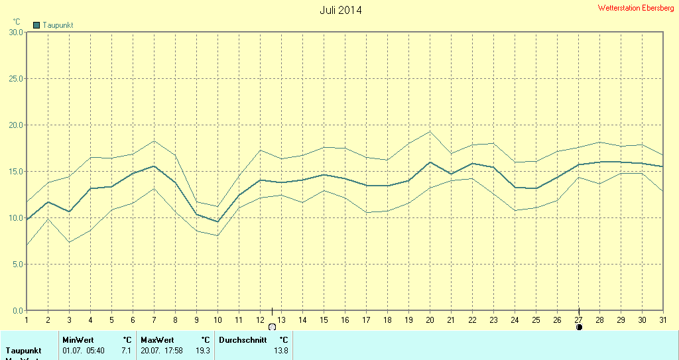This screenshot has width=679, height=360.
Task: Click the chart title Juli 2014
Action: point(341,10)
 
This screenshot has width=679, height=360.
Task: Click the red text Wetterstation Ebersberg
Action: point(635,8)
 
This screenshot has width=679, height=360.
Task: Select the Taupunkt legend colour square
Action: point(36,25)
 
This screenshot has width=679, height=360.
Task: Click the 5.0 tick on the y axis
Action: point(17,264)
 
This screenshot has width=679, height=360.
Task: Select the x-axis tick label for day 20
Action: point(430,320)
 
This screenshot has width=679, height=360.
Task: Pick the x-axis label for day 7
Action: point(154,320)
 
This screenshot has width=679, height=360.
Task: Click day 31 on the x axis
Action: point(663,320)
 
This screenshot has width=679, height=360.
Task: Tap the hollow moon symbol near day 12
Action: point(272,327)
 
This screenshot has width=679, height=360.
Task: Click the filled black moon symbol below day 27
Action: point(579,327)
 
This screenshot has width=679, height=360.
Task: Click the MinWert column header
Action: point(78,340)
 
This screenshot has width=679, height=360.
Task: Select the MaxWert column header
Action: point(156,340)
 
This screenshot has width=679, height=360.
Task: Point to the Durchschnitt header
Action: point(243,340)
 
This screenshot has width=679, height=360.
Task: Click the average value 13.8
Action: point(281,350)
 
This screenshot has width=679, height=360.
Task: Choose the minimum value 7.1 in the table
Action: point(126,350)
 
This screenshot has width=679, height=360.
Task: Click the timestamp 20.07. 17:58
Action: point(161,350)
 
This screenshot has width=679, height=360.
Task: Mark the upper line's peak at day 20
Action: point(430,131)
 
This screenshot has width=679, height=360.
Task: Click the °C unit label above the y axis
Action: point(17,22)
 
